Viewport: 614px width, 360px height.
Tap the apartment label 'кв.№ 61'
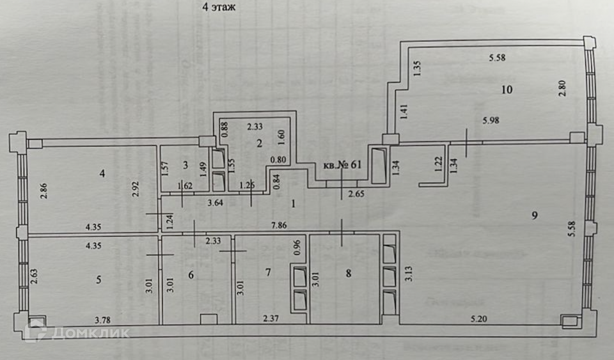(343, 164)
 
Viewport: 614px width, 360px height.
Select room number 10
(507, 90)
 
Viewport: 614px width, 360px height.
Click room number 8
(348, 274)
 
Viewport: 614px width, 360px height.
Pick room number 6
(189, 273)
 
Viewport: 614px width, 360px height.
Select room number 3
(185, 165)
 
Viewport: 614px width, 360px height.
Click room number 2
(259, 143)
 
